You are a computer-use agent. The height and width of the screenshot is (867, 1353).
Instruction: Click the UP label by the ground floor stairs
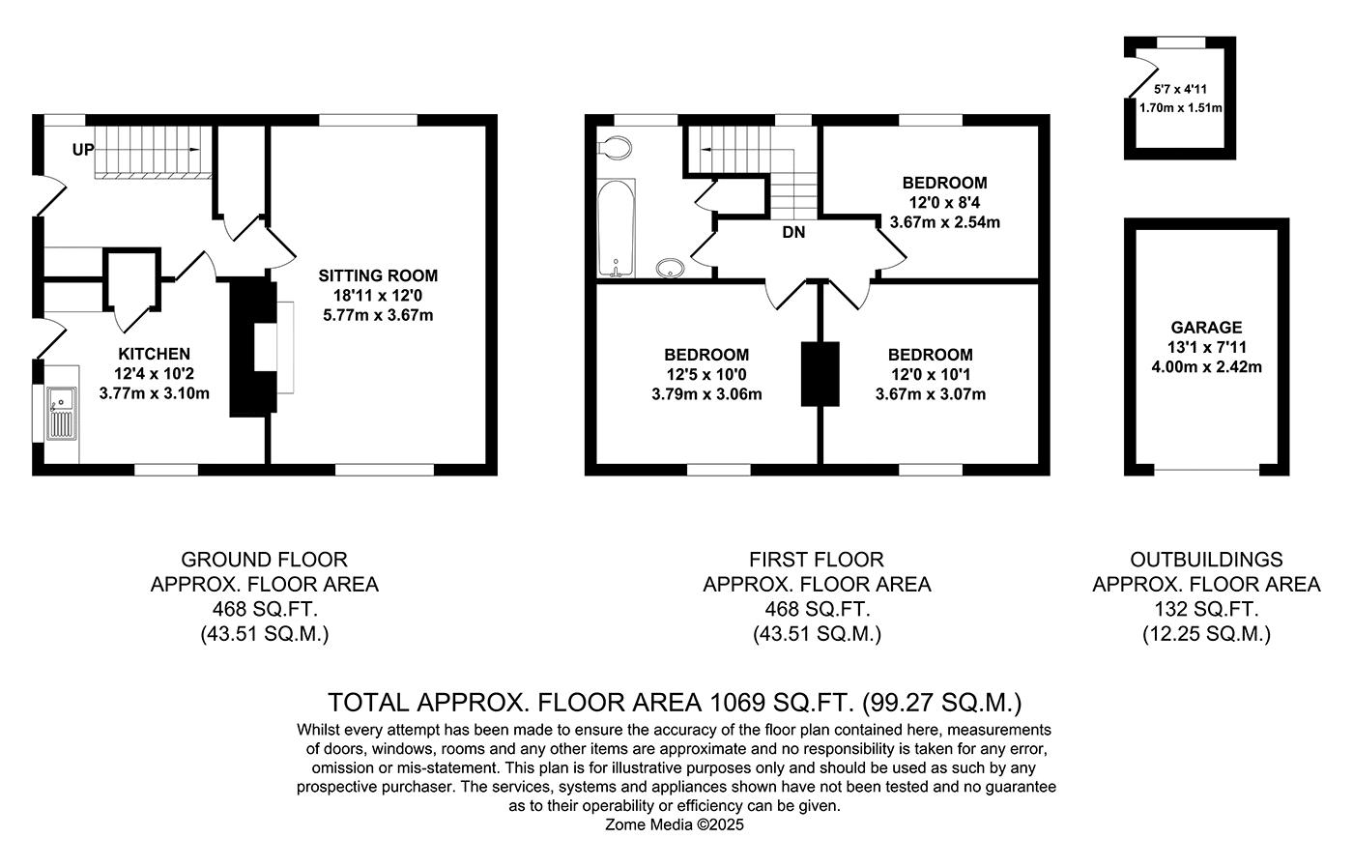coord(83,149)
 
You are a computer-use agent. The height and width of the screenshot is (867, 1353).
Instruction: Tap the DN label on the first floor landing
coord(793,232)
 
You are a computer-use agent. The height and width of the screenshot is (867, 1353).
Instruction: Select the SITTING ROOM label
coord(378,275)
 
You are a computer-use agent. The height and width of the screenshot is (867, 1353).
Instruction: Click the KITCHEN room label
coord(154,354)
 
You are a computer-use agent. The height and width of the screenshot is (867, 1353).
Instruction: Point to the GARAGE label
coord(1206,328)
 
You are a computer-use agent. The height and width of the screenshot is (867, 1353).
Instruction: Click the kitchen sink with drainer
coord(63,414)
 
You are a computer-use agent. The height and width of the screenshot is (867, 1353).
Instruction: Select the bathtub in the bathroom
coord(617,228)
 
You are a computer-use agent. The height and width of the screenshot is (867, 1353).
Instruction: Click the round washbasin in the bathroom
coord(670,268)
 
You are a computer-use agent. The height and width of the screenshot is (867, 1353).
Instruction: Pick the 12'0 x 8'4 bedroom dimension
coord(945,202)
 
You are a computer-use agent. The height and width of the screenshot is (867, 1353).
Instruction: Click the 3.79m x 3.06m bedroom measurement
coord(706,394)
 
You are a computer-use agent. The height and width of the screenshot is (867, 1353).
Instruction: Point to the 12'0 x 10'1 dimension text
coord(930,375)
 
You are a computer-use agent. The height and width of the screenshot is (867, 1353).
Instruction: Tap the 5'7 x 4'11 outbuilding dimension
coord(1180,90)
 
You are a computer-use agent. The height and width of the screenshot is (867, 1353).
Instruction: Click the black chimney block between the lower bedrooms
coord(820,374)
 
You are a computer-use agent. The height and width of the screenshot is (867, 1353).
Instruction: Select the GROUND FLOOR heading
coord(265,560)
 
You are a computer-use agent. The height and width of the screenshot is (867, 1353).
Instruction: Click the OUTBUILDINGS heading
coord(1206,560)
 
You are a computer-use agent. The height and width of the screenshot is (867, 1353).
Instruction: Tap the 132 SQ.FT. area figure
coord(1206,609)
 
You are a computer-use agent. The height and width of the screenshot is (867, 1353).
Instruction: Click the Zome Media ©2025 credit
coord(675,824)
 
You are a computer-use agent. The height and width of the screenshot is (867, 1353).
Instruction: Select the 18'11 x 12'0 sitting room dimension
coord(378,296)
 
